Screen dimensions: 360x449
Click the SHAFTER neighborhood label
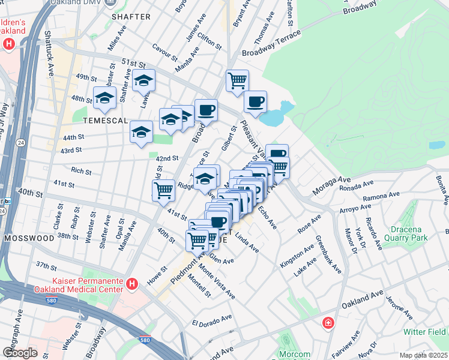(131, 17)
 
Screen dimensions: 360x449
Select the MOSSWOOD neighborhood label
(29, 238)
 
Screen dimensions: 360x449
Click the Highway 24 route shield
(20, 143)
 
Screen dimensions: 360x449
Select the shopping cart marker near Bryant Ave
(237, 80)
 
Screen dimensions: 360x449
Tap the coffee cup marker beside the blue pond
(255, 101)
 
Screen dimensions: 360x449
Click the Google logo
(20, 353)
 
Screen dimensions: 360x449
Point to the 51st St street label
(134, 63)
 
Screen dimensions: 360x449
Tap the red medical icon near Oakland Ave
(328, 323)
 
